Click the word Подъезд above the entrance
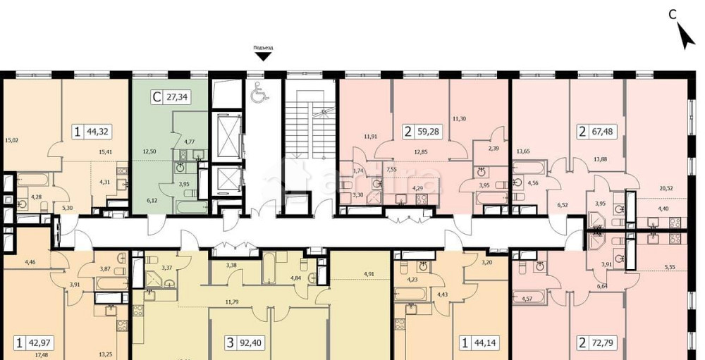coord(263,48)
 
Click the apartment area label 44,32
coord(98,131)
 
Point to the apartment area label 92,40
coord(249,343)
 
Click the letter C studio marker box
coord(156,98)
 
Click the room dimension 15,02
coord(11,139)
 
